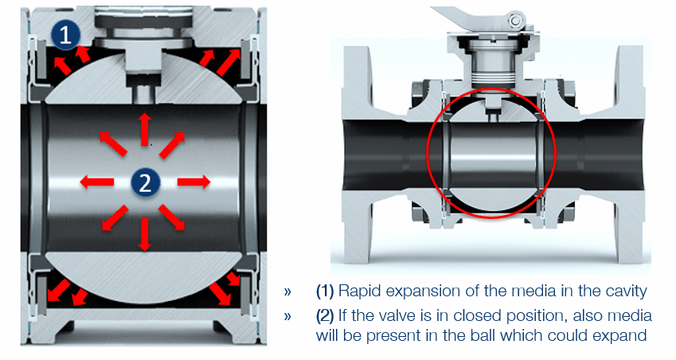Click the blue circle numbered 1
65,35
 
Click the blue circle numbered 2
145,182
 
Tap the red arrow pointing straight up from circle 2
145,129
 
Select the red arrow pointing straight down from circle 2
145,234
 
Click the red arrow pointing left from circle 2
97,182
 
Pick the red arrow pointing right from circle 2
193,182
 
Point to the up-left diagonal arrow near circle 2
113,143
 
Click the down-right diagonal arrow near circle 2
172,217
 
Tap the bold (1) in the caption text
325,292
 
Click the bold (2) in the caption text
325,316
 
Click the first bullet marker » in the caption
287,292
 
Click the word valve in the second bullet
400,316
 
